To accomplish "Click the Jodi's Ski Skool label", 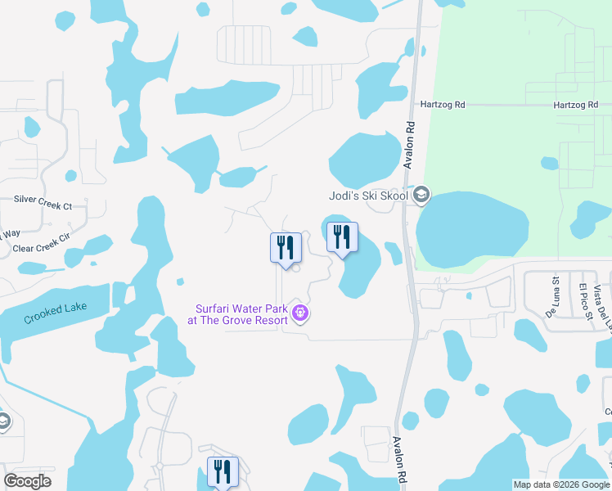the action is (367, 195).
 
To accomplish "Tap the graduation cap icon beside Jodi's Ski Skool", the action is (421, 195).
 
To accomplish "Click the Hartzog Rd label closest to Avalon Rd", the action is (443, 105).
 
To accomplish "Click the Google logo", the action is (27, 481).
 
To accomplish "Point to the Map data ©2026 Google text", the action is (560, 484).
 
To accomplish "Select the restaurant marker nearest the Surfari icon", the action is (286, 246).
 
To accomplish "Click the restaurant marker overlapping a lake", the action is (343, 237).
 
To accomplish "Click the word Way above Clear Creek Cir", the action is (10, 233).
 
